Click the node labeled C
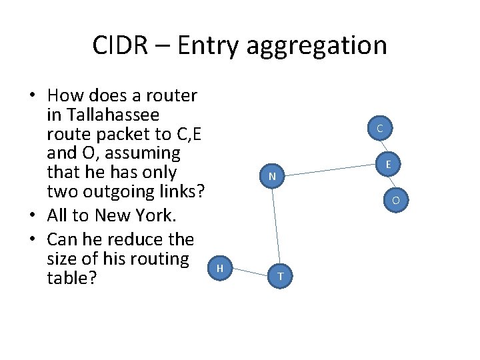click(x=379, y=127)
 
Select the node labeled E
click(x=388, y=163)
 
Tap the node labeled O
click(x=395, y=199)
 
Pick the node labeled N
click(x=272, y=177)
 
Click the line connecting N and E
click(x=330, y=170)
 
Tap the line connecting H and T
click(x=250, y=271)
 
